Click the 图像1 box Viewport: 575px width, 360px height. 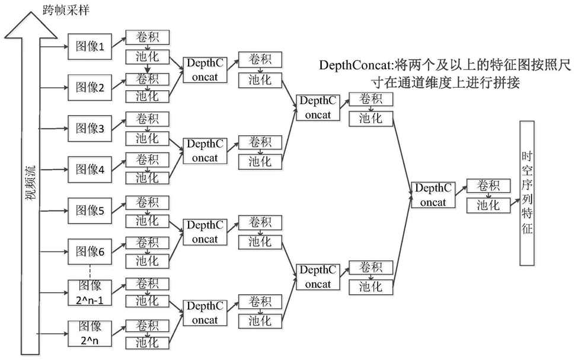click(90, 47)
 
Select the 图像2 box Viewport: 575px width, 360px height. click(90, 87)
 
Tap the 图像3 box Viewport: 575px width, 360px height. click(90, 129)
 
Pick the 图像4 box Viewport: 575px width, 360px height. click(90, 170)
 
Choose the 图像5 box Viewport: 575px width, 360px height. click(90, 211)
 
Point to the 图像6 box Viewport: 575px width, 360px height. click(90, 251)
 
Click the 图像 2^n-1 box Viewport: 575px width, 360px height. click(90, 293)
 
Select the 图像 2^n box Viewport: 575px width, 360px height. click(90, 333)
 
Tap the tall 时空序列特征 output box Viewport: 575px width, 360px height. click(527, 193)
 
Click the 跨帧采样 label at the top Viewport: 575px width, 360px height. click(66, 9)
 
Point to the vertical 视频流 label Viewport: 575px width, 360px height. click(31, 183)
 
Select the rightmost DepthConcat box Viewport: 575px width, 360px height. click(433, 195)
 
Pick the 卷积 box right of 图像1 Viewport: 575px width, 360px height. click(148, 37)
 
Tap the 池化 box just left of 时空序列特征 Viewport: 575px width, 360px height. click(488, 206)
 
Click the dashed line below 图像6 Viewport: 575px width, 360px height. click(90, 272)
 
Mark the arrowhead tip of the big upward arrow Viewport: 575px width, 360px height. click(31, 12)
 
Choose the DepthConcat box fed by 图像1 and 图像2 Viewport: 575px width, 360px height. click(205, 70)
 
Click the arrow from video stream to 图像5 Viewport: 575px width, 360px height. click(54, 211)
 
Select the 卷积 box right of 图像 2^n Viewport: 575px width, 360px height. click(148, 326)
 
